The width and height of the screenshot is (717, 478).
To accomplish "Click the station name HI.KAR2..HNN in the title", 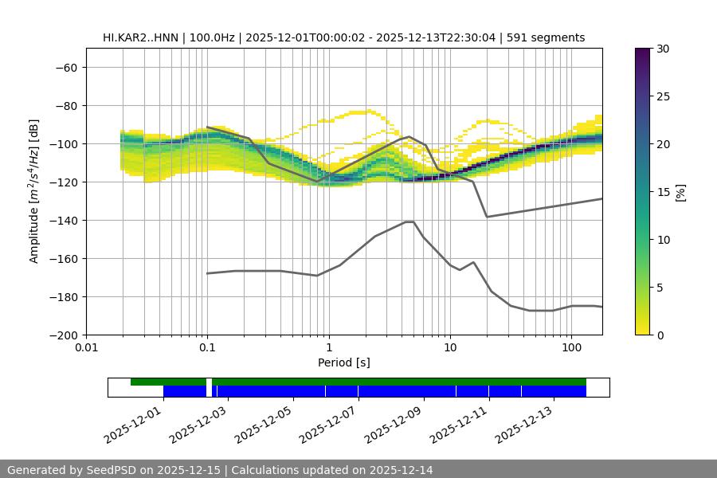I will click(x=141, y=37).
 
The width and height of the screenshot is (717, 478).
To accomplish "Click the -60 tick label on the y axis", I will click(x=65, y=67).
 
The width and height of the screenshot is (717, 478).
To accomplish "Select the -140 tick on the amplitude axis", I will click(x=61, y=220).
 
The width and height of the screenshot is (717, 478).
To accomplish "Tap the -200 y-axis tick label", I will click(x=61, y=335).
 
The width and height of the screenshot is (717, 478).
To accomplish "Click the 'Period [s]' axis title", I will click(x=343, y=362).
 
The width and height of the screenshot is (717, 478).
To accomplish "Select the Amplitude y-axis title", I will click(x=34, y=191).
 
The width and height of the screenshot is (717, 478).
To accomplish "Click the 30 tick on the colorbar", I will click(x=663, y=49).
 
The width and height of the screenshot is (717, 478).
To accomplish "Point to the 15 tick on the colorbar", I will click(x=663, y=192).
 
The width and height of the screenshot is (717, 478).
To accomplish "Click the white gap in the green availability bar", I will click(x=209, y=382).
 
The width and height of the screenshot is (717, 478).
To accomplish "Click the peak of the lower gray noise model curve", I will click(x=409, y=221).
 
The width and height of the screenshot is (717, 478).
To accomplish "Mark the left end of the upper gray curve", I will click(x=207, y=127).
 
